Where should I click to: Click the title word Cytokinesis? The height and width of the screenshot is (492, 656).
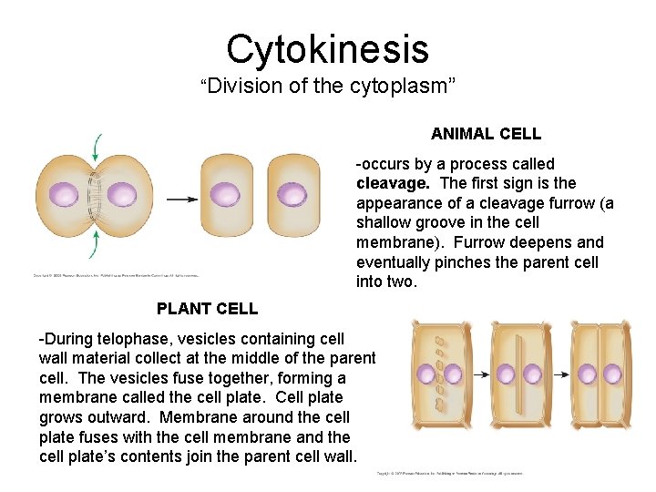pos(327,49)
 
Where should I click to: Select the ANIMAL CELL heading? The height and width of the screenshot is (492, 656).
pos(486,134)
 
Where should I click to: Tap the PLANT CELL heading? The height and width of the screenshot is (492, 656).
pos(207,309)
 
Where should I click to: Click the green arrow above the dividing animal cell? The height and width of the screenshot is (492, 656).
pos(95,147)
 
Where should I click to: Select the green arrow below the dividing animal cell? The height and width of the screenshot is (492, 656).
pos(95,244)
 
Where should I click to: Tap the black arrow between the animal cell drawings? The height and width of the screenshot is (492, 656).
pos(181,199)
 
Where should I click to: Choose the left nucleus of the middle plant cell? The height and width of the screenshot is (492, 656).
pos(505,374)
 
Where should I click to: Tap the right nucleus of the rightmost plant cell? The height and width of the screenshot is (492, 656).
pos(617,374)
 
